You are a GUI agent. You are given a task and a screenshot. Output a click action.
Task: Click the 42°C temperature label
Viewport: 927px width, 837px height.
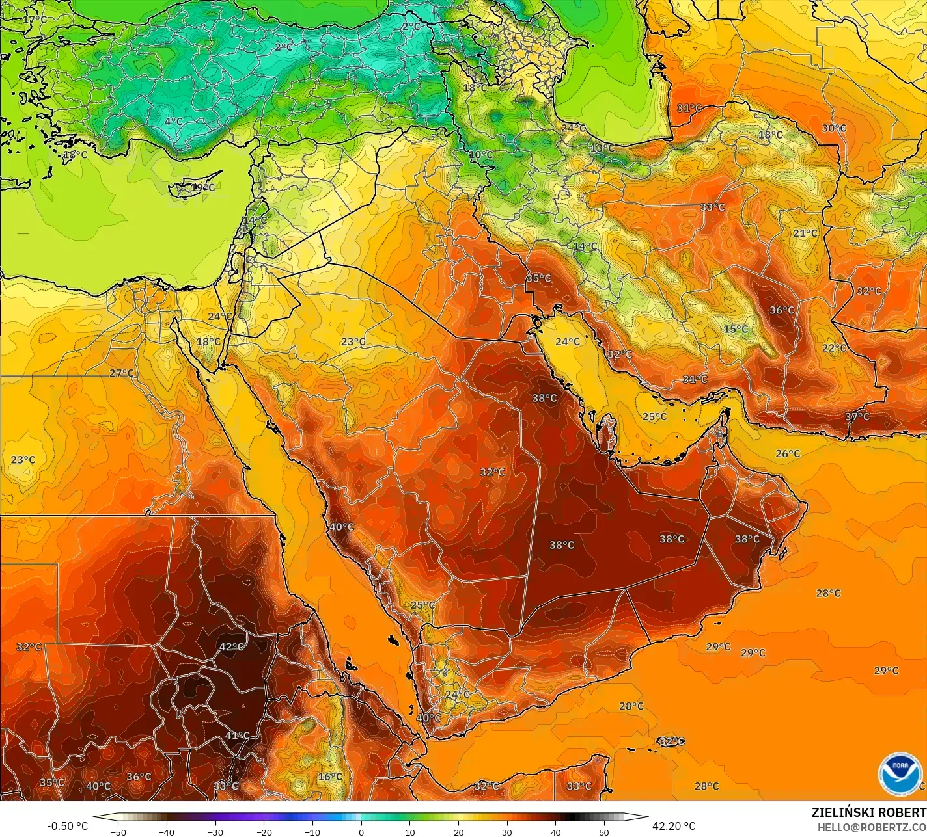tap(232, 647)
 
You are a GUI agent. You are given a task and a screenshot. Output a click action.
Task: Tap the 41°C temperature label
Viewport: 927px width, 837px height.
tap(238, 736)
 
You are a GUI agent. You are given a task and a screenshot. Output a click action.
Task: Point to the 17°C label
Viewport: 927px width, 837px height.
tap(35, 20)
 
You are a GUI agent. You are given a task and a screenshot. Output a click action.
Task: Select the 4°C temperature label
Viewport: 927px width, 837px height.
tap(173, 121)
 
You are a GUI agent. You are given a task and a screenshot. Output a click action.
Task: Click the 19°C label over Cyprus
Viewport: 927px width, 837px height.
tap(203, 187)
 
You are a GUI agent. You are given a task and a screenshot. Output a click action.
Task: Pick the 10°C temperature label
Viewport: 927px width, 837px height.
tap(481, 155)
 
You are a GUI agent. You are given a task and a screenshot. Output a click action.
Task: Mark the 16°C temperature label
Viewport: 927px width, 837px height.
tap(330, 777)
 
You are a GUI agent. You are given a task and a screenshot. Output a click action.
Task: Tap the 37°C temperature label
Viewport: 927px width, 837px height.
tap(857, 417)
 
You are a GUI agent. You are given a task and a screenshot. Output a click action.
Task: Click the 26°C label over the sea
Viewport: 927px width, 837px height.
tap(788, 453)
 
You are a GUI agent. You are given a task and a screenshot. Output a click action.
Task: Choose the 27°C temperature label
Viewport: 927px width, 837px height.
tap(121, 373)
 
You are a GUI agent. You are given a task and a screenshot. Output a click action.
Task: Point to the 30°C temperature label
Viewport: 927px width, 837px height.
tap(834, 128)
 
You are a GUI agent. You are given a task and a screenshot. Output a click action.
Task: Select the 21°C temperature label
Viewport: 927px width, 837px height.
tap(805, 233)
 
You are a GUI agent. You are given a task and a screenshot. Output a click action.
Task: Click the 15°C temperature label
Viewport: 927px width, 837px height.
tap(736, 329)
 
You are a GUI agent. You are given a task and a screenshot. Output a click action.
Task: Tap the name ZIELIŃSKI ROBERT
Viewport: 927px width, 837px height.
tap(868, 812)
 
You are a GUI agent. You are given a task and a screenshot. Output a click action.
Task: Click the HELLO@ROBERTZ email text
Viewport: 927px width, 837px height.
tap(872, 827)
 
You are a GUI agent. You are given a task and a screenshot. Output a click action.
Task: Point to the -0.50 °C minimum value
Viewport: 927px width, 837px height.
tap(67, 826)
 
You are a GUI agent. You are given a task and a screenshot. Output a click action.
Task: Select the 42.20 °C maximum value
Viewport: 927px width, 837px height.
tap(674, 826)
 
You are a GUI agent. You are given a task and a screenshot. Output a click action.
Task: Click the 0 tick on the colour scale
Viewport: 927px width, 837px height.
tap(361, 832)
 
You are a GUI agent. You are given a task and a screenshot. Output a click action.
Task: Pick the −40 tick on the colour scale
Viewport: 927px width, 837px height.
tap(167, 832)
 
